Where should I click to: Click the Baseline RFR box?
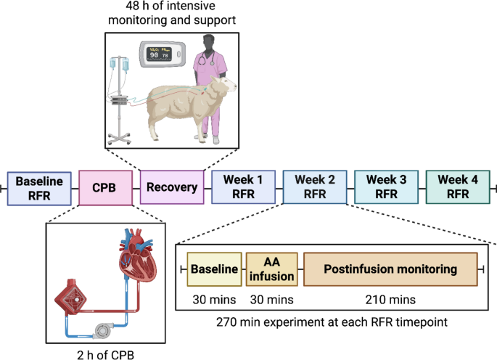(39, 188)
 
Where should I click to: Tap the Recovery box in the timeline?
(171, 188)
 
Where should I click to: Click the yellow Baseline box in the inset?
(214, 269)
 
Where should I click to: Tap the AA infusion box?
(272, 269)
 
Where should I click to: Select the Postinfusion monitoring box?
(390, 269)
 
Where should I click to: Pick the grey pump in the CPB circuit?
(101, 330)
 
